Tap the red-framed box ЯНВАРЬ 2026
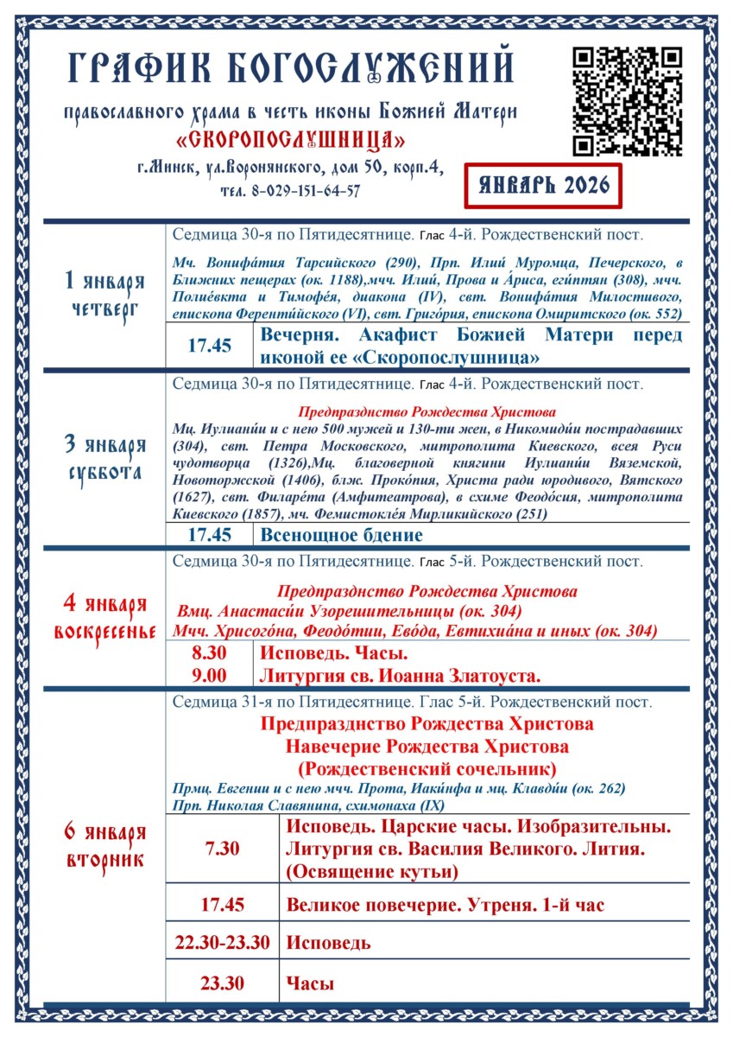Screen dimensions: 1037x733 pyautogui.click(x=542, y=185)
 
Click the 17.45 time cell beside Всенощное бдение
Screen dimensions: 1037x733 pyautogui.click(x=210, y=535)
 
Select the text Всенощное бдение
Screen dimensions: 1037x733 pyautogui.click(x=342, y=535)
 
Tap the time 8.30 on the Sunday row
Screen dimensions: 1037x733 pyautogui.click(x=210, y=653)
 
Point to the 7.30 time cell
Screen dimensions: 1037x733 pyautogui.click(x=222, y=849)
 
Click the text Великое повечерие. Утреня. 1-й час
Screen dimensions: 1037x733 pyautogui.click(x=445, y=906)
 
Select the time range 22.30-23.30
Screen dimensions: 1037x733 pyautogui.click(x=222, y=943)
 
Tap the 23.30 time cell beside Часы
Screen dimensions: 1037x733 pyautogui.click(x=222, y=983)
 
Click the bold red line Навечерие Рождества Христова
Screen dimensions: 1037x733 pyautogui.click(x=427, y=746)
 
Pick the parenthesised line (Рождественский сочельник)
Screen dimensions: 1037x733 pyautogui.click(x=427, y=768)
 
